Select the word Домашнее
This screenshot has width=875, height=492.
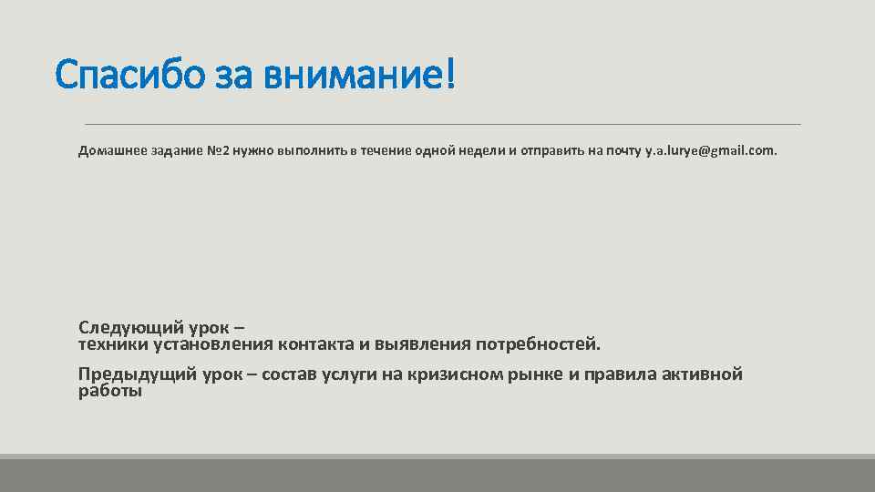click(x=108, y=150)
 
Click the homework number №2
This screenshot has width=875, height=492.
click(x=218, y=150)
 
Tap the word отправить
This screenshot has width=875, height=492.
click(x=554, y=150)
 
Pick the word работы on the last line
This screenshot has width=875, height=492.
click(x=110, y=392)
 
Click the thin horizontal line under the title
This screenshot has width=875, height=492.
click(x=442, y=124)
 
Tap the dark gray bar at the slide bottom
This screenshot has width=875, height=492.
click(x=437, y=475)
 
